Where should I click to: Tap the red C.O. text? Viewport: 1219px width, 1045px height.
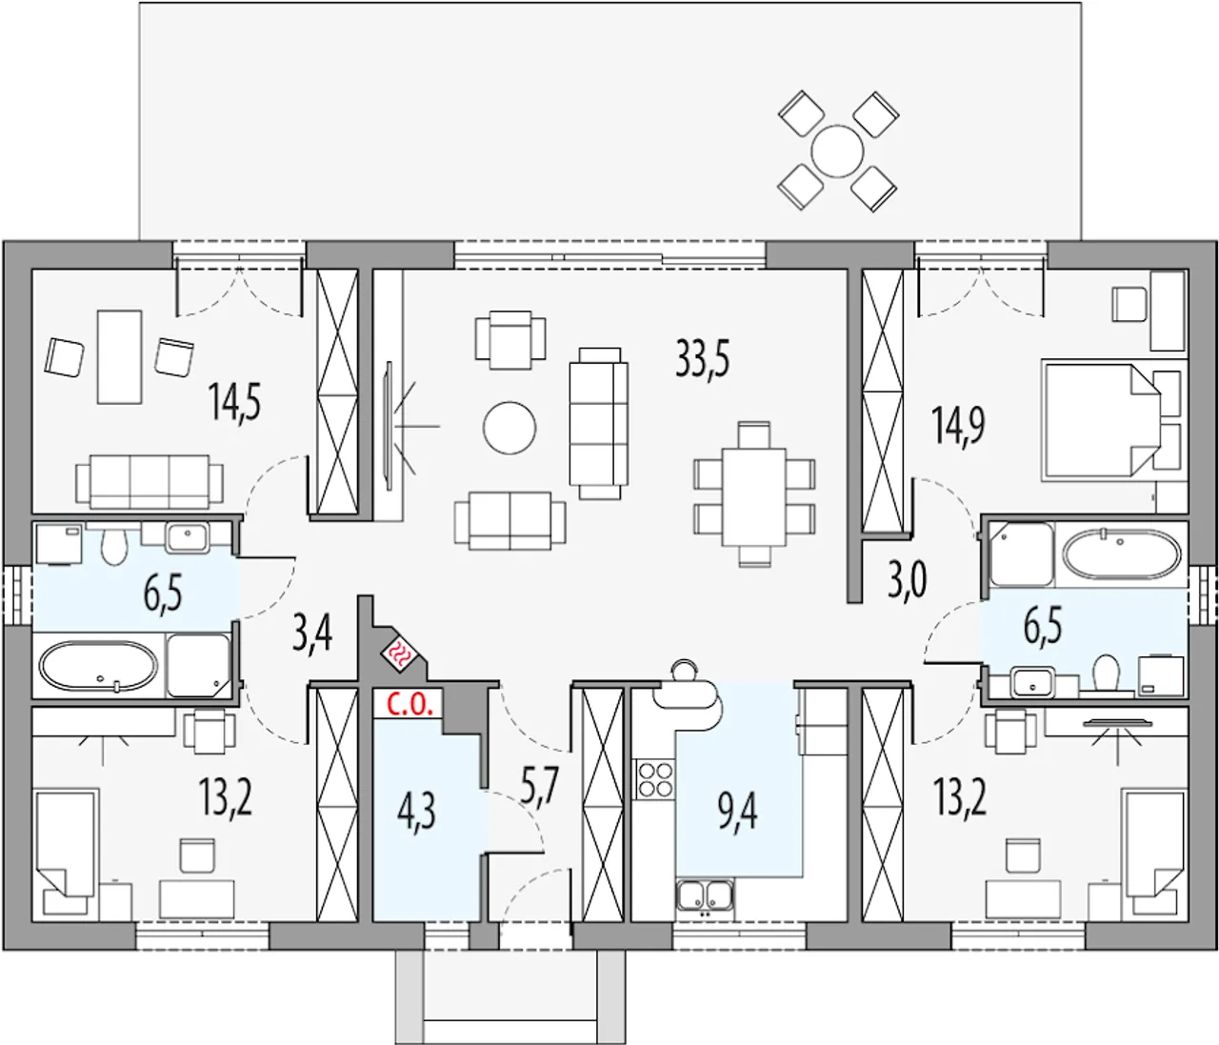[x=412, y=705]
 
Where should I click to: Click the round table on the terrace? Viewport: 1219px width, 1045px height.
[x=837, y=151]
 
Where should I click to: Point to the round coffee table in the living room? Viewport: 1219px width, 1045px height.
[x=510, y=428]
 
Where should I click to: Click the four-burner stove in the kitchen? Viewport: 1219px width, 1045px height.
[x=655, y=779]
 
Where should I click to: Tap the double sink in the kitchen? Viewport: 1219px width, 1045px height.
[x=706, y=894]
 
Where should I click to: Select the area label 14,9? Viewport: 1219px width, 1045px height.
[x=958, y=426]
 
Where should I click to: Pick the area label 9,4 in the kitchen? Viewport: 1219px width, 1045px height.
[x=737, y=812]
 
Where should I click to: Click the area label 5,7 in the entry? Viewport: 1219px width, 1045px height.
[x=539, y=787]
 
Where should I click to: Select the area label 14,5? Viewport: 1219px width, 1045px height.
[x=234, y=401]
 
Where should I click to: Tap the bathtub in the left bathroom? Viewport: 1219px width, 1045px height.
[x=98, y=666]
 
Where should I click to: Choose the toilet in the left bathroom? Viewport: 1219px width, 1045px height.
[x=114, y=547]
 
